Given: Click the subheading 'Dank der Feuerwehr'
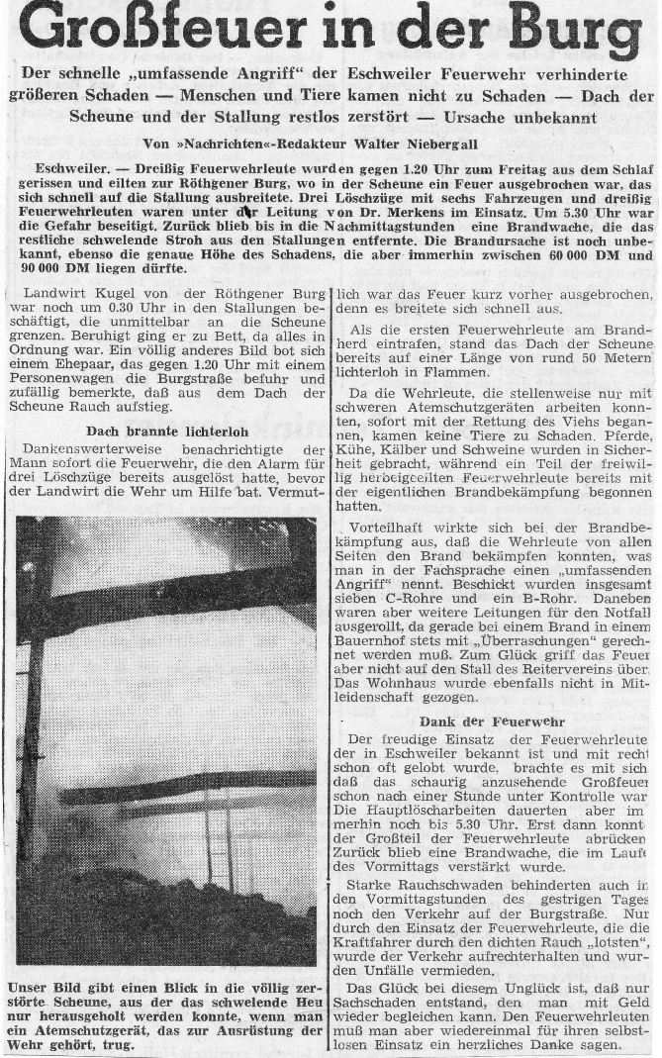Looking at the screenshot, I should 484,721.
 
